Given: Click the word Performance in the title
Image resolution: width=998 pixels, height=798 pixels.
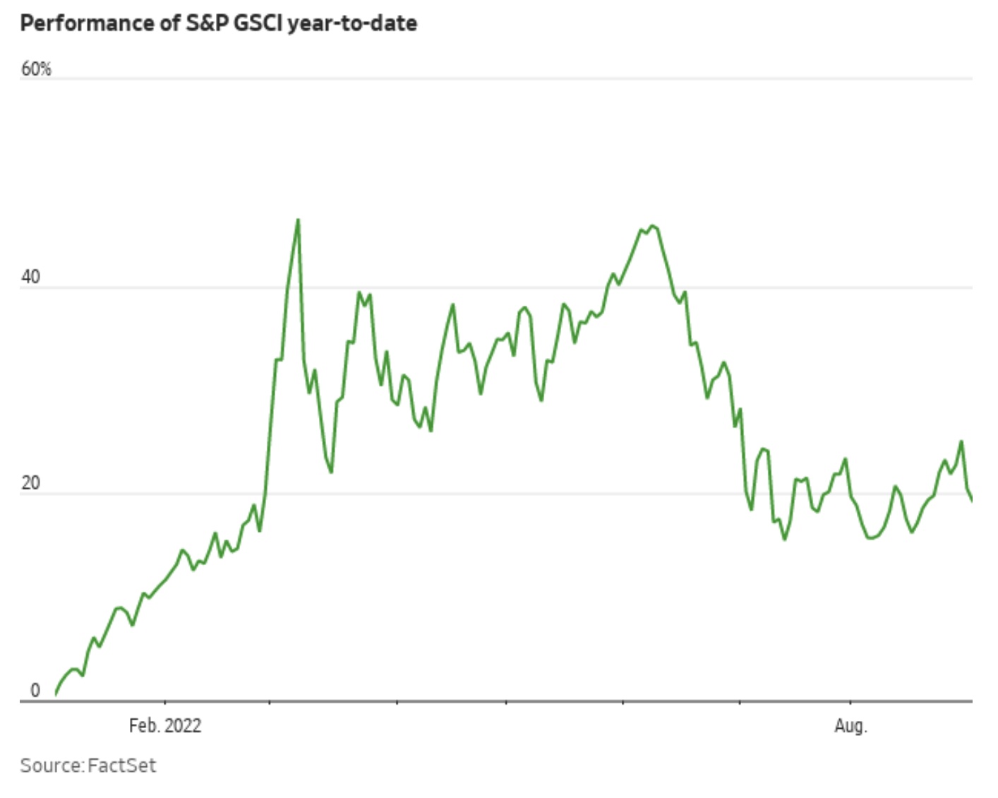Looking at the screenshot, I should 84,23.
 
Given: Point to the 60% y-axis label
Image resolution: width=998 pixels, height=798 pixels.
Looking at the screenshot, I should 36,69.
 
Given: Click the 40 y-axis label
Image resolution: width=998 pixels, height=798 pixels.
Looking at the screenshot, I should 30,277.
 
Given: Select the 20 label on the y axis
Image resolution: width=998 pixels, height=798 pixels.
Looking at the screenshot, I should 30,484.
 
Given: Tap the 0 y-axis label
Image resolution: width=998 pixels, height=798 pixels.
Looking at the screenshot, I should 35,691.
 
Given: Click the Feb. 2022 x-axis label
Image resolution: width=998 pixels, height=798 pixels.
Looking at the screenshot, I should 164,726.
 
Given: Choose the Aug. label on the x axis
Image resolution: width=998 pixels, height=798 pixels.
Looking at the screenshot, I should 850,726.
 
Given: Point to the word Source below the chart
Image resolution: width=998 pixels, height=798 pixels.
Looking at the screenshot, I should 51,766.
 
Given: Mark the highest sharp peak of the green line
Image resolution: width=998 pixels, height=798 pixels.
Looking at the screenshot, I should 298,220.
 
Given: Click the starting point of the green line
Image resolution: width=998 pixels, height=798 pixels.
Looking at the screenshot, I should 56,694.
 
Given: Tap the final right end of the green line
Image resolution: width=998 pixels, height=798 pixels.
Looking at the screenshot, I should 972,501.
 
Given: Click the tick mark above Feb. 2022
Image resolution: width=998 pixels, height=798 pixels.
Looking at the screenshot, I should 164,703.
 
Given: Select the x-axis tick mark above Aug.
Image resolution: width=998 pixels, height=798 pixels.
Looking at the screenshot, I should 850,703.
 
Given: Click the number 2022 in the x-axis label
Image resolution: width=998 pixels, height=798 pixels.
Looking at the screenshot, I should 183,726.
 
